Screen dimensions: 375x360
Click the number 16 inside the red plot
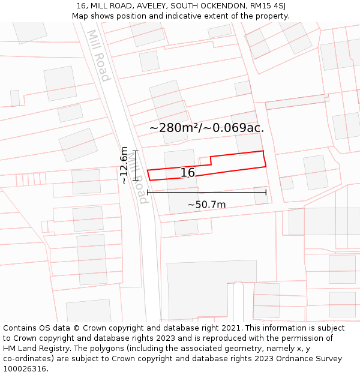pos(188,173)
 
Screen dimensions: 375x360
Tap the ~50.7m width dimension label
pos(206,205)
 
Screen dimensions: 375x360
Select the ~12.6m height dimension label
pos(124,165)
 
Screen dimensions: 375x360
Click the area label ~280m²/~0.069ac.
pos(206,128)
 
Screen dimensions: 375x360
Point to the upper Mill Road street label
pos(98,55)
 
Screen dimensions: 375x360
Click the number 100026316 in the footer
pos(25,369)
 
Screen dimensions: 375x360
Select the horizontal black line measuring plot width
pos(206,192)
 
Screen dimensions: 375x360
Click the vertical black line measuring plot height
pos(136,165)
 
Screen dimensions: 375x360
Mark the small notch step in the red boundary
pos(210,161)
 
